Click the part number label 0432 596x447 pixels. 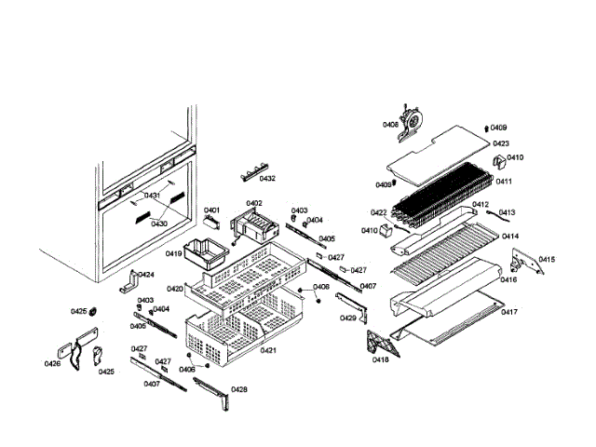point(267,178)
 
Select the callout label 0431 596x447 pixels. point(152,196)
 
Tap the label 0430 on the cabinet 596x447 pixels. point(159,223)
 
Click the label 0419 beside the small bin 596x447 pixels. point(174,253)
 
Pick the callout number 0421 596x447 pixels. point(268,350)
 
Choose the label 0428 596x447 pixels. point(239,389)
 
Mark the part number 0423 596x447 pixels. point(501,143)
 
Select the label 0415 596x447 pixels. point(547,259)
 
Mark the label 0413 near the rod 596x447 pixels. point(507,212)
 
